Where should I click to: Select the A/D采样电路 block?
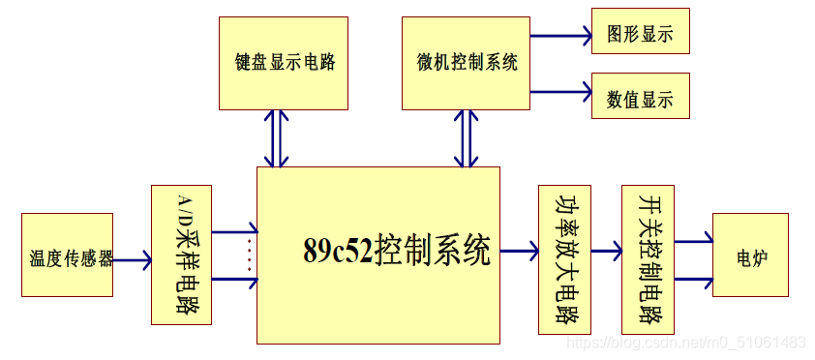click(x=181, y=254)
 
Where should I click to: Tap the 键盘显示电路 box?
click(x=285, y=63)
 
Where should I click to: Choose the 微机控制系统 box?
click(x=466, y=63)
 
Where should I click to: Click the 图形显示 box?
click(x=640, y=36)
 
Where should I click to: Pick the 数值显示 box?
click(x=640, y=98)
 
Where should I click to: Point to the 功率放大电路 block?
click(x=563, y=258)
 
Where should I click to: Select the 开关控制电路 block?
click(x=648, y=258)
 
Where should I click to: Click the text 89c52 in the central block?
click(x=339, y=252)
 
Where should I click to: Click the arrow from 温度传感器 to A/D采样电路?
click(x=132, y=259)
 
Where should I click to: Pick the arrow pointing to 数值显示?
click(x=560, y=93)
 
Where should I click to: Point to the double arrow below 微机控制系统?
click(x=467, y=137)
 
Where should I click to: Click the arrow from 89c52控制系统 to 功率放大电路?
click(x=519, y=252)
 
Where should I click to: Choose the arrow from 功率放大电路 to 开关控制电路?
click(x=606, y=252)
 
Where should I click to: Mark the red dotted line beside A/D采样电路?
click(x=250, y=255)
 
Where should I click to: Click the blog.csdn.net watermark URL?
click(x=685, y=343)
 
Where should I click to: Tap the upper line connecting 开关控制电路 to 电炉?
click(x=693, y=242)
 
